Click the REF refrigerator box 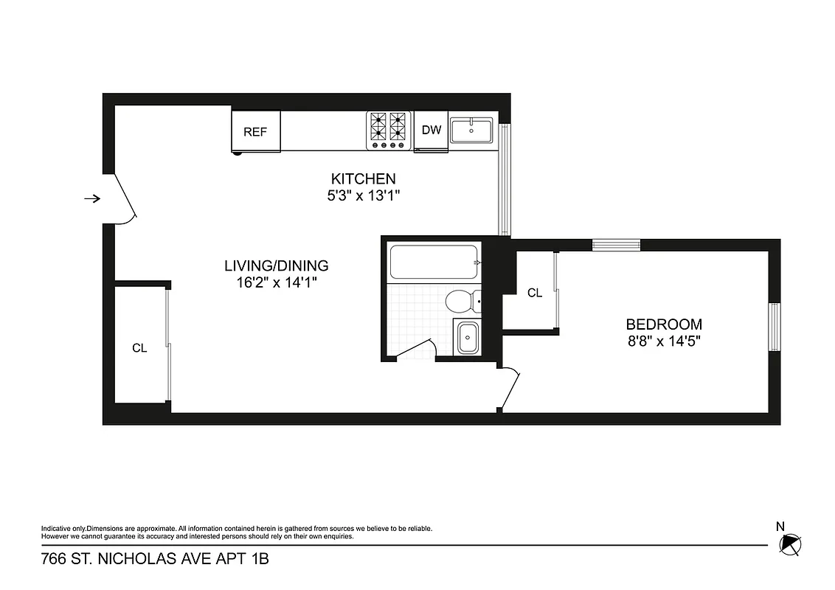click(x=255, y=132)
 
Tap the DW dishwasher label click(x=432, y=131)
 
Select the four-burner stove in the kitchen click(x=389, y=131)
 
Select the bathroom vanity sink click(x=468, y=339)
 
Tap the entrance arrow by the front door click(x=91, y=198)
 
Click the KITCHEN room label click(x=363, y=178)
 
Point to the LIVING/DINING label click(x=276, y=265)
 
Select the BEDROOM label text click(x=664, y=324)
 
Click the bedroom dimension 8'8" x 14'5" click(x=664, y=341)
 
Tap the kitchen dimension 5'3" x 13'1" click(x=363, y=195)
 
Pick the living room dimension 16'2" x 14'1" click(x=276, y=282)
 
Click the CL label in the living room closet click(x=139, y=349)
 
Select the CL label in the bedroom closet click(x=535, y=294)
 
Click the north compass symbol click(x=789, y=544)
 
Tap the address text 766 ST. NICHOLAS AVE click(x=155, y=560)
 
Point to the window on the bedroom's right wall click(x=775, y=327)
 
